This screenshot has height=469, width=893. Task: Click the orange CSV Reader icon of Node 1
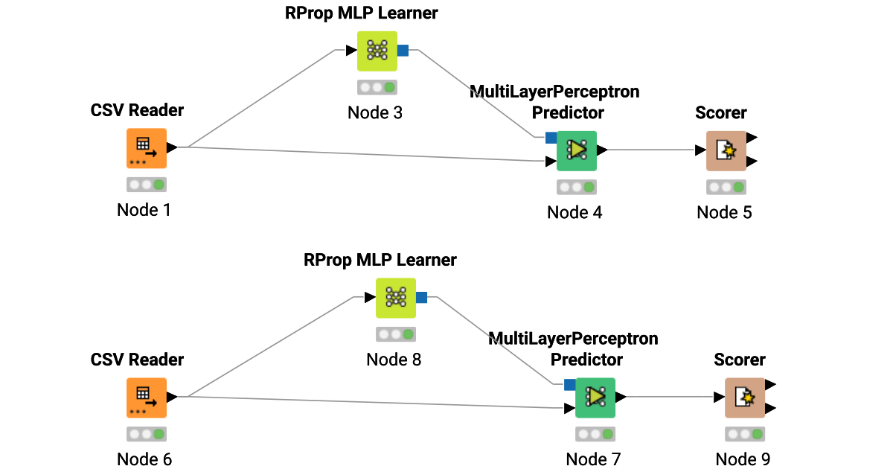pos(146,148)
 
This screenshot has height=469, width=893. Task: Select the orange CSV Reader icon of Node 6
pos(146,397)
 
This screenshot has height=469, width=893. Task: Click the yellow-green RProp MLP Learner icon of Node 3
pos(377,51)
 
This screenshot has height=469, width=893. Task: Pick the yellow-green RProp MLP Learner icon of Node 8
pos(396,298)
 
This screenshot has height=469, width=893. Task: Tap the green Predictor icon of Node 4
pos(577,150)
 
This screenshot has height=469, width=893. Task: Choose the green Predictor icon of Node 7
pos(595,397)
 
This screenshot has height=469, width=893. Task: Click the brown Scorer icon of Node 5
pos(726,150)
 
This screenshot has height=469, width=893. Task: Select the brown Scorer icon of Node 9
pos(745,398)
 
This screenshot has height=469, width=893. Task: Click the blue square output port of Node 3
pos(403,51)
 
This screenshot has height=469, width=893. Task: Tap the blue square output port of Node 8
pos(422,298)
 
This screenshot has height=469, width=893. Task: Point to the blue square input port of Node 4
pos(551,138)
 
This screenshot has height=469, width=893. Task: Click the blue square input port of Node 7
pos(569,385)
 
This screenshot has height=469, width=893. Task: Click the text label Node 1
pos(144,210)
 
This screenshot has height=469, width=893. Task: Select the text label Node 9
pos(743,459)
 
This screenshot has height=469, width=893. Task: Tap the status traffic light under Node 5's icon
pos(726,187)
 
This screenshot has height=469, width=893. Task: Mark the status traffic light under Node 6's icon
pos(146,433)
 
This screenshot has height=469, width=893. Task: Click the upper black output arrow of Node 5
pos(752,138)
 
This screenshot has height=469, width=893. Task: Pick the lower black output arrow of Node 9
pos(771,408)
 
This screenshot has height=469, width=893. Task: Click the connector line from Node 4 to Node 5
pos(651,150)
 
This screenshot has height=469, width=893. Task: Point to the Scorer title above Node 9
pos(740,360)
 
